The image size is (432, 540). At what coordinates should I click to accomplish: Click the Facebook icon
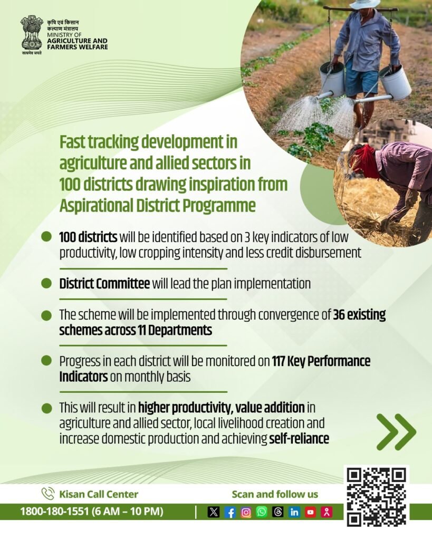pyautogui.click(x=230, y=513)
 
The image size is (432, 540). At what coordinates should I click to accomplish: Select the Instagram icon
pyautogui.click(x=246, y=513)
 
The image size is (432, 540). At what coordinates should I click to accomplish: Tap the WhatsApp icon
pyautogui.click(x=262, y=512)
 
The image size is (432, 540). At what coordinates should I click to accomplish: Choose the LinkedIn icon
pyautogui.click(x=294, y=512)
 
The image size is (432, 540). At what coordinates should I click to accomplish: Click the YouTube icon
pyautogui.click(x=310, y=512)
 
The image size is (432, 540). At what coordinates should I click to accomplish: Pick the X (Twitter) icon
pyautogui.click(x=214, y=513)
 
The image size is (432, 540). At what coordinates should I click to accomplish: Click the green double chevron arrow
pyautogui.click(x=396, y=432)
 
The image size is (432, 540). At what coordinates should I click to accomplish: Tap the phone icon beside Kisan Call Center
pyautogui.click(x=48, y=494)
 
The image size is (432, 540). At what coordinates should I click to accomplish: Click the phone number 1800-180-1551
pyautogui.click(x=54, y=512)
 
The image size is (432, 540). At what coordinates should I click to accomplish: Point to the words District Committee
pyautogui.click(x=104, y=284)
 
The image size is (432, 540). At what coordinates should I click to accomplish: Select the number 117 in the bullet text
pyautogui.click(x=278, y=361)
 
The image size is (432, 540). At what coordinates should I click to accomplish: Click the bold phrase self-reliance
pyautogui.click(x=299, y=439)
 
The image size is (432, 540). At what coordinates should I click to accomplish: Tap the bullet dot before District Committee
pyautogui.click(x=46, y=283)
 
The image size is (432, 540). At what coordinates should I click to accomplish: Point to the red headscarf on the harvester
pyautogui.click(x=364, y=160)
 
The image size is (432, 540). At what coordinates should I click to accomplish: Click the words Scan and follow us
pyautogui.click(x=275, y=494)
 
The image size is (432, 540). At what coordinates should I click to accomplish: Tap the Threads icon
pyautogui.click(x=278, y=512)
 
